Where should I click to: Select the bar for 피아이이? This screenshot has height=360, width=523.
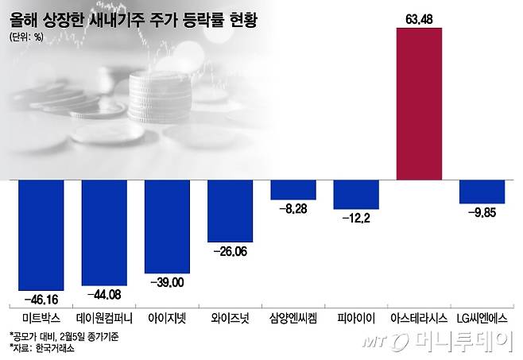tap(356, 194)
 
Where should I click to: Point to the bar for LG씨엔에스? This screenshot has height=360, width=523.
tap(482, 192)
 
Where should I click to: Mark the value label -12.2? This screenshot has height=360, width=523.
tap(356, 218)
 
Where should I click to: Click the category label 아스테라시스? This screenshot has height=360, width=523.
tap(419, 317)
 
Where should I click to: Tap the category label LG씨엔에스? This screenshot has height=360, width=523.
tap(482, 317)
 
